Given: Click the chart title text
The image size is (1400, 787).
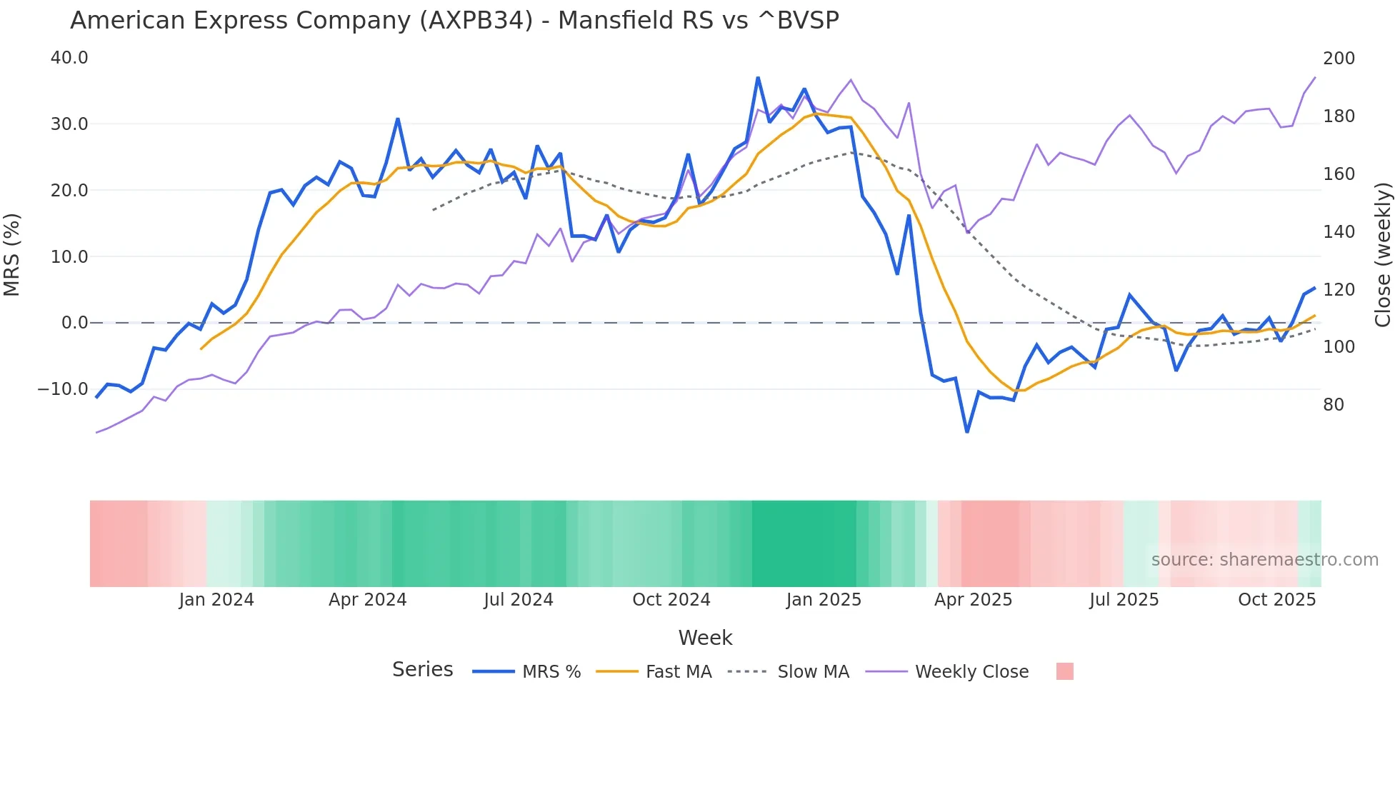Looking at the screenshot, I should click(454, 21).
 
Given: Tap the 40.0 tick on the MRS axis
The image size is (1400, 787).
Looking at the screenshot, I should click(69, 58).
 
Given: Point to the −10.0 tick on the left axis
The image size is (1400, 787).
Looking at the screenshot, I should click(63, 389).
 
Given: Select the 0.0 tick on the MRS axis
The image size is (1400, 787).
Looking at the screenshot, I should click(74, 323).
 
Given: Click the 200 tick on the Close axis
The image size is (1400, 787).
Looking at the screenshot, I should click(1339, 59).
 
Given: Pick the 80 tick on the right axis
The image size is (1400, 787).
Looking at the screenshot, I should click(1334, 405).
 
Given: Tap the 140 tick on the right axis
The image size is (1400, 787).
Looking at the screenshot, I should click(1339, 232).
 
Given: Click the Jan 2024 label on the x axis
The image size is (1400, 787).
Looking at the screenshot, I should click(216, 600).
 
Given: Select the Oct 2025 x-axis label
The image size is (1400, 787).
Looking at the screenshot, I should click(1276, 600).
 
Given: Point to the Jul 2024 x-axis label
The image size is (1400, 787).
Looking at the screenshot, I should click(519, 600).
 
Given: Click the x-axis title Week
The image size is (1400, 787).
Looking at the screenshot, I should click(705, 638).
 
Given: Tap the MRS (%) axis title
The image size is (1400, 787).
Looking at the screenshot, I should click(12, 255).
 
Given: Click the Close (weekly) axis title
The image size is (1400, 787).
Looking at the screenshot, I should click(1384, 255).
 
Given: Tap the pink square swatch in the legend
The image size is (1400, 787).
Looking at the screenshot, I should click(1064, 671).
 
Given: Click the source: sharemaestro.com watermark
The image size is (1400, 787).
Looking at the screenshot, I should click(1264, 560).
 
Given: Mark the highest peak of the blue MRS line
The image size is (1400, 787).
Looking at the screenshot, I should click(758, 78).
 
